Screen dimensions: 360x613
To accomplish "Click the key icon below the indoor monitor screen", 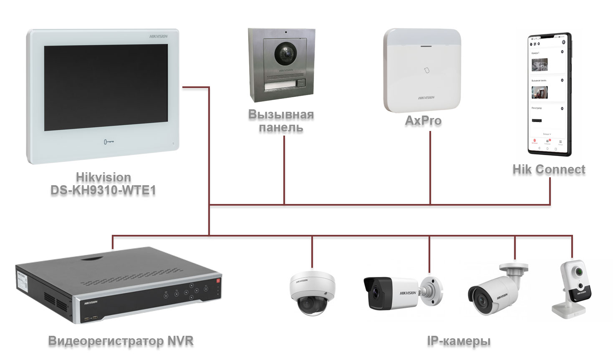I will pos(108,142).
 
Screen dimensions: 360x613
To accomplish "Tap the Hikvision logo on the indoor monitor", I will pos(159,37).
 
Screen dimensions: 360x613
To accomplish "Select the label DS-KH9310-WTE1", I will pos(103,190).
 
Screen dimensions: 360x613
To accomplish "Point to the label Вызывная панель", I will pos(281,121).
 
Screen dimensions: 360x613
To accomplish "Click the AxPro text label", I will pos(423,121).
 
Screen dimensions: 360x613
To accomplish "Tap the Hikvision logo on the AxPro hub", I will pos(426,98).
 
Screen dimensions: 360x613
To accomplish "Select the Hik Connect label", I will pos(549,169).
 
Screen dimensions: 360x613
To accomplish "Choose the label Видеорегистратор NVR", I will pos(121,341).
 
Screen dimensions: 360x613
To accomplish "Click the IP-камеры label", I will pos(459,341).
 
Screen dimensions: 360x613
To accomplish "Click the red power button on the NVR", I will pos(217,281).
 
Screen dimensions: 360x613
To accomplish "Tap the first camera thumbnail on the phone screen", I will pos(540,65).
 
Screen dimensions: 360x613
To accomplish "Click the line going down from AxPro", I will pos(430,167).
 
